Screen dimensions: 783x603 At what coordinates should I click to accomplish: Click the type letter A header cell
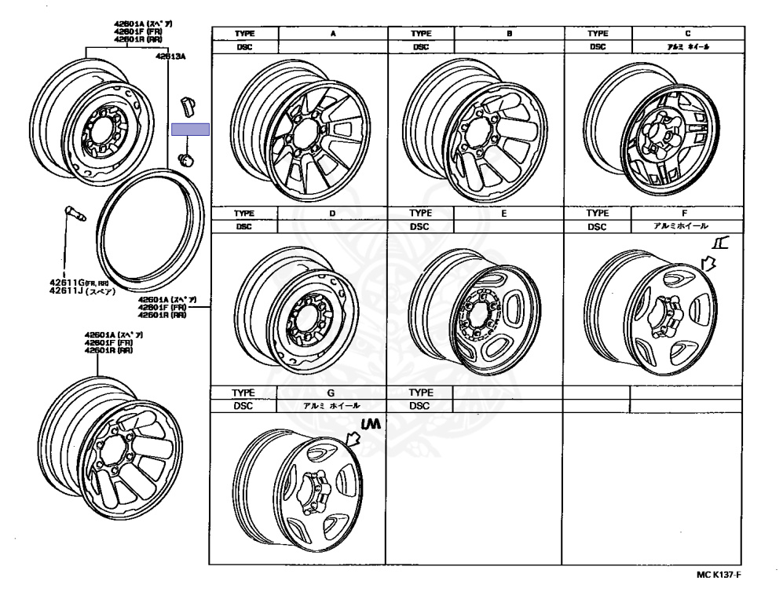[332, 34]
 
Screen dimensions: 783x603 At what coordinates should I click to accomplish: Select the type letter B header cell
[509, 34]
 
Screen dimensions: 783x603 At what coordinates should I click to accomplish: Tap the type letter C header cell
[687, 34]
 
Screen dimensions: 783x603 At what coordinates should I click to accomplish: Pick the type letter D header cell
[332, 213]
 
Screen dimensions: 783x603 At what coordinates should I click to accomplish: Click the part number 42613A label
[170, 57]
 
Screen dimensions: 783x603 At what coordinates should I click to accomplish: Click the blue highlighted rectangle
[190, 130]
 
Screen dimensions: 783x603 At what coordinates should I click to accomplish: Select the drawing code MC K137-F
[718, 575]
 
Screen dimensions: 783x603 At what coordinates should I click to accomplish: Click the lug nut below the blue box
[186, 160]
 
